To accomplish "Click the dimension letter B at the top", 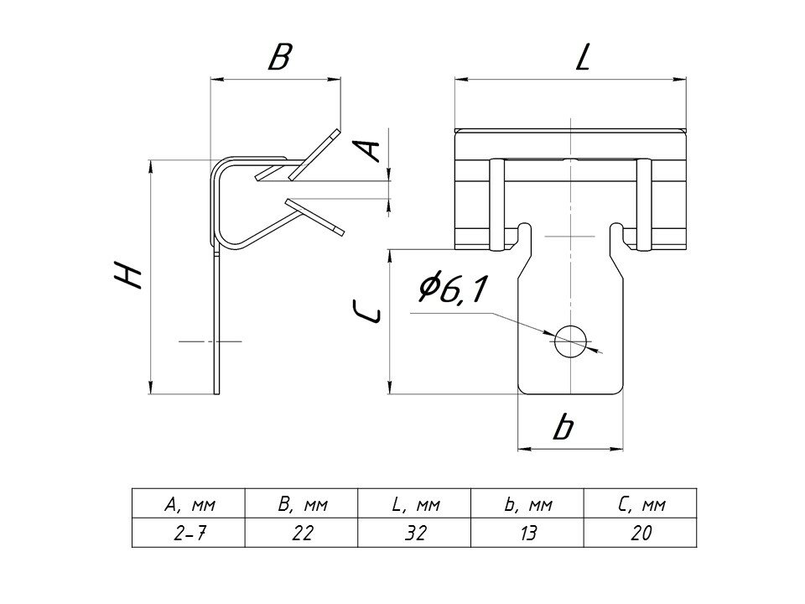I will click(278, 58).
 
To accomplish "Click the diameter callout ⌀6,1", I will click(452, 290).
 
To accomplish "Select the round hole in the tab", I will click(570, 341).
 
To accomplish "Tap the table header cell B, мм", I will click(302, 504).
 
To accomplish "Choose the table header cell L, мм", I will click(415, 504).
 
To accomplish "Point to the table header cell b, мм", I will click(528, 504).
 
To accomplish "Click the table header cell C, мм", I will click(641, 504).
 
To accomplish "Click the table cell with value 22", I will click(302, 533).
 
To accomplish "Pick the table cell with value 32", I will click(415, 533).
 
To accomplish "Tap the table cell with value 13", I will click(528, 533).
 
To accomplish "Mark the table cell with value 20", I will click(641, 533).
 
